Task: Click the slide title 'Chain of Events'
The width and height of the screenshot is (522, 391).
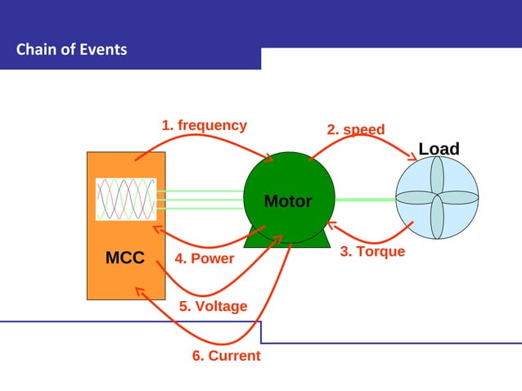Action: [x=72, y=50]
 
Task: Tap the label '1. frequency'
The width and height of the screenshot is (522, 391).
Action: [x=204, y=125]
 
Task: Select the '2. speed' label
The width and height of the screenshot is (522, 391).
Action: [x=355, y=130]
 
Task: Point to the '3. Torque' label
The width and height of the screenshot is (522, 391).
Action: [x=372, y=251]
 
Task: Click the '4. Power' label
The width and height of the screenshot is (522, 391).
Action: [x=205, y=258]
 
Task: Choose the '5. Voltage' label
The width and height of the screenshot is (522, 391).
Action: [x=213, y=306]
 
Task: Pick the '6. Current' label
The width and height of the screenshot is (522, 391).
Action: [x=226, y=356]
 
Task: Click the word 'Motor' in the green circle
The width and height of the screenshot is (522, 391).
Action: [x=287, y=201]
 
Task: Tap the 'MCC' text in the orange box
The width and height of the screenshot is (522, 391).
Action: [x=125, y=258]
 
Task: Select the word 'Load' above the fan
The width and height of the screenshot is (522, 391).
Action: [x=439, y=149]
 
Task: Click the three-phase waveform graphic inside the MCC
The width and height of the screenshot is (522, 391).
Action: [x=125, y=199]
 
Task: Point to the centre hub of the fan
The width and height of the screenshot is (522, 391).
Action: [x=437, y=198]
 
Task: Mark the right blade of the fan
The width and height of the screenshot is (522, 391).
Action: [x=460, y=198]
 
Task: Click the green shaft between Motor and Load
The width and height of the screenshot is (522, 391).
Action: [x=365, y=199]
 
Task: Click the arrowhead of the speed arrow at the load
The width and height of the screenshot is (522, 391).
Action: [x=412, y=158]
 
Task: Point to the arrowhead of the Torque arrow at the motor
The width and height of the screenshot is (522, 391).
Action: [x=331, y=224]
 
